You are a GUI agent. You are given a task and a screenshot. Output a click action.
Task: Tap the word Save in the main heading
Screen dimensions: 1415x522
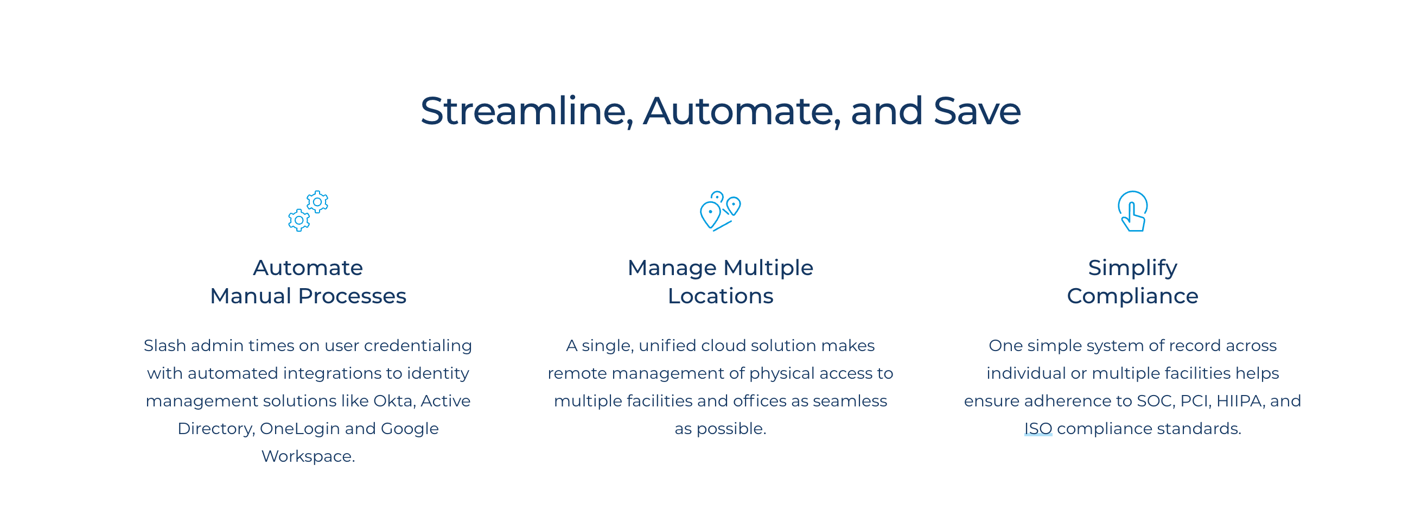977,111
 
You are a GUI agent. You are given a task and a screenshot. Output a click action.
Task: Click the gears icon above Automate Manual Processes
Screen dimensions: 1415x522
308,211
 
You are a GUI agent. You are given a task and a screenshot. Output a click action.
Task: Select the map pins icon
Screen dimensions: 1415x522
720,211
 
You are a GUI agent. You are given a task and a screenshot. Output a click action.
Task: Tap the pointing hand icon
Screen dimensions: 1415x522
1133,211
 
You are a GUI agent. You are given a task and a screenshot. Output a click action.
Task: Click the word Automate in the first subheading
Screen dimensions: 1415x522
308,268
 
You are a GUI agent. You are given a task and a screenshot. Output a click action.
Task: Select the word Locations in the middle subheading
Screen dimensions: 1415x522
720,296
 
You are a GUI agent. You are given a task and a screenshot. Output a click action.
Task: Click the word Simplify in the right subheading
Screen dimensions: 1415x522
1133,268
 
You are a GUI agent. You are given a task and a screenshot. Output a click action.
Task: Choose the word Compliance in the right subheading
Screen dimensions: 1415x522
1133,296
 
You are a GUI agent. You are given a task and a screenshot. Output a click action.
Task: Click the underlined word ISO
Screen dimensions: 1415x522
1037,428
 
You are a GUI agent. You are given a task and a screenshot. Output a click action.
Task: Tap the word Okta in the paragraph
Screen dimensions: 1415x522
393,400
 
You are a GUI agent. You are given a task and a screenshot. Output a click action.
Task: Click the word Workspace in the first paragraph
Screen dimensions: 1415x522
308,456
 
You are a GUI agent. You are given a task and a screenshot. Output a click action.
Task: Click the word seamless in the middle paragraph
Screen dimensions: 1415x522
850,400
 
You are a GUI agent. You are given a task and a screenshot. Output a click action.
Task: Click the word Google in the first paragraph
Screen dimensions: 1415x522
410,429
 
